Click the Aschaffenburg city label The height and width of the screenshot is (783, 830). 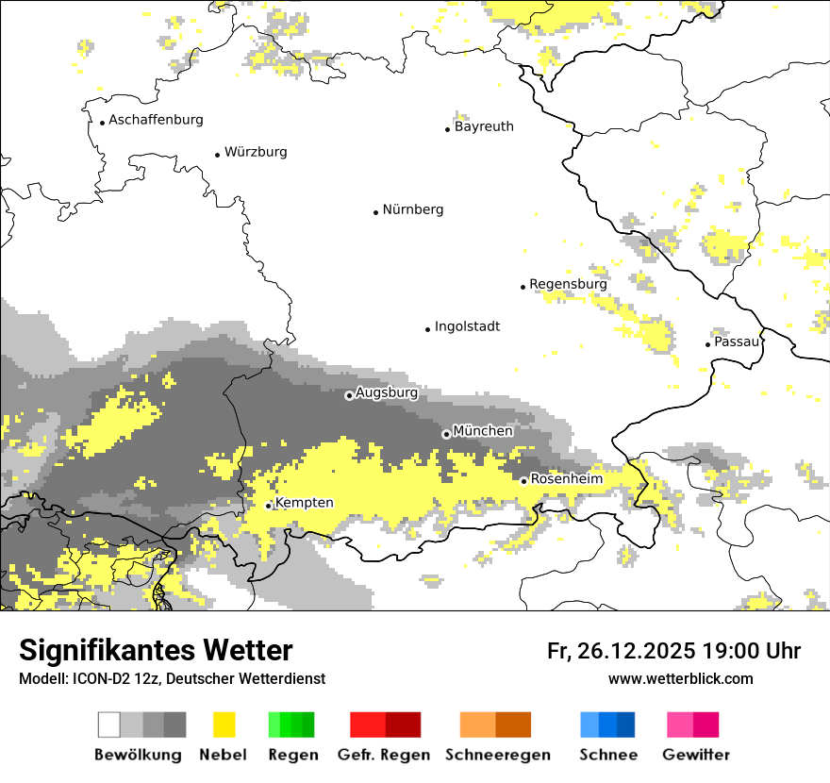(156, 120)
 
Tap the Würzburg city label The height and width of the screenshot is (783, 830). (256, 152)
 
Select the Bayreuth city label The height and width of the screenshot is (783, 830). (484, 126)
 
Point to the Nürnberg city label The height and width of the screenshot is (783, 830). (412, 209)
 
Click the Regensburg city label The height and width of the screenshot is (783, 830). (568, 284)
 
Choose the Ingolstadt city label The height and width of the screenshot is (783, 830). (467, 326)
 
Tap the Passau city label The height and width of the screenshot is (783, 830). (737, 342)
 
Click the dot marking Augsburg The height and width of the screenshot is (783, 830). (349, 395)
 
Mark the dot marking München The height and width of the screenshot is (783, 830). (446, 434)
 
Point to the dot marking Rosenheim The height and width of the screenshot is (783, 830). (523, 481)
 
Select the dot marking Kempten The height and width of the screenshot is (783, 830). (269, 506)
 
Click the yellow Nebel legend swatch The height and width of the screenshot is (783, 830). (224, 725)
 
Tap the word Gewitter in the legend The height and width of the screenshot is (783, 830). (695, 755)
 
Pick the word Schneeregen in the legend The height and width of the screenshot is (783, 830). (497, 755)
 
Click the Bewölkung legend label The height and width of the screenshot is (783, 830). (138, 755)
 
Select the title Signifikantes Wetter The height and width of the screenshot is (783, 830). (156, 650)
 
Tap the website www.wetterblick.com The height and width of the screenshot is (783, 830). (680, 678)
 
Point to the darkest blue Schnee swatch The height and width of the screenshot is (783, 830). (626, 725)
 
